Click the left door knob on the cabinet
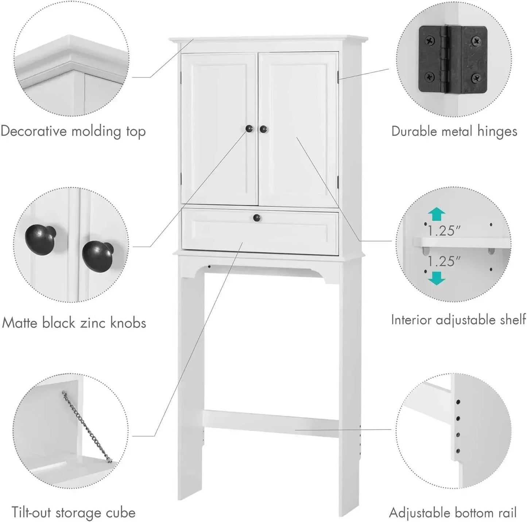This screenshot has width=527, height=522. coord(249,129)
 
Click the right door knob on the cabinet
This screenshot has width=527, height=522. coord(263,129)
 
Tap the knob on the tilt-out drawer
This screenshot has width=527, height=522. coord(257,218)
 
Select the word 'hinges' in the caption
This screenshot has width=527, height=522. coord(497,131)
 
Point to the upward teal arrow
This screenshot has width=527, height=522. coord(436,215)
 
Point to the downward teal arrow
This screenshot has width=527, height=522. coord(436,278)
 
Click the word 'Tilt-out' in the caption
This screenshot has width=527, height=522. coord(32,513)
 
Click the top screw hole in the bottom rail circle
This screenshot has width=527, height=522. coord(458,402)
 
